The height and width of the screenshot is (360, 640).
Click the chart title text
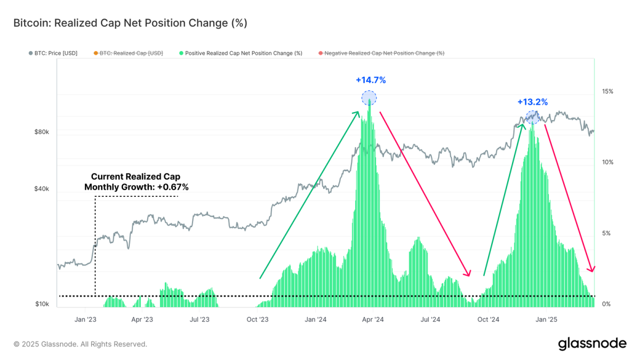130,23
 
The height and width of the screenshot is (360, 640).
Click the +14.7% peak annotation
370,81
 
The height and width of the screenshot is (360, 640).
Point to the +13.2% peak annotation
532,102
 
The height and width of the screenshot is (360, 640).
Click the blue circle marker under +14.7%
369,98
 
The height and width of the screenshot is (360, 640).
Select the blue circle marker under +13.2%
532,117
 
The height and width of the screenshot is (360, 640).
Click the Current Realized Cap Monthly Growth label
137,182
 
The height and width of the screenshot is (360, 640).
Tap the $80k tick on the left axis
42,132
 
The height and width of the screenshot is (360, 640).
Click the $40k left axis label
42,189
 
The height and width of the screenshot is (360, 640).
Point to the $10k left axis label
42,304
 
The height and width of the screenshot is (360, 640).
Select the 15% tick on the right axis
607,91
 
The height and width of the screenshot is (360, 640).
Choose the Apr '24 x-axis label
373,320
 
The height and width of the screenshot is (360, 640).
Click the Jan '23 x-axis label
85,320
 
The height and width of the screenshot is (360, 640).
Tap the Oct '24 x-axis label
488,320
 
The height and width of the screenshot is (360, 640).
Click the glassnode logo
592,344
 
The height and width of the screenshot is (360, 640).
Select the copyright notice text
80,345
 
